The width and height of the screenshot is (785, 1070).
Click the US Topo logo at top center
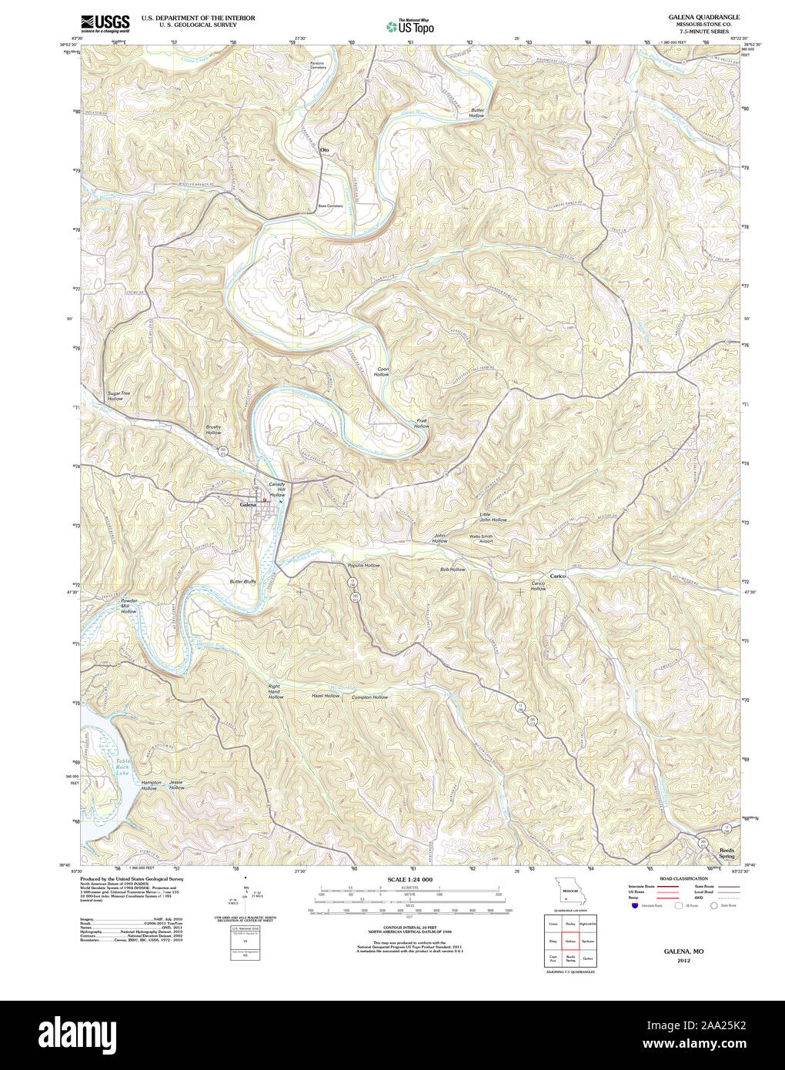click(x=410, y=26)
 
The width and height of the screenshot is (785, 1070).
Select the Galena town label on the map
click(x=248, y=504)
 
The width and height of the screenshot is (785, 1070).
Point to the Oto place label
click(x=324, y=150)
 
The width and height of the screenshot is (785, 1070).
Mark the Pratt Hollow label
click(x=421, y=423)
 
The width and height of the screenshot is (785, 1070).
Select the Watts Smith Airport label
click(x=481, y=538)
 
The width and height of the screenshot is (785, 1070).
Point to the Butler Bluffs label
click(x=242, y=581)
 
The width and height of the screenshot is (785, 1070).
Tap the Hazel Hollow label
click(x=325, y=696)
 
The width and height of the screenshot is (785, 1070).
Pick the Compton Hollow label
click(x=369, y=697)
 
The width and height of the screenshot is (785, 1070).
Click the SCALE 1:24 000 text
click(x=409, y=879)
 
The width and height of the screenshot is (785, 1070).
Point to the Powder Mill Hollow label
click(x=129, y=605)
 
